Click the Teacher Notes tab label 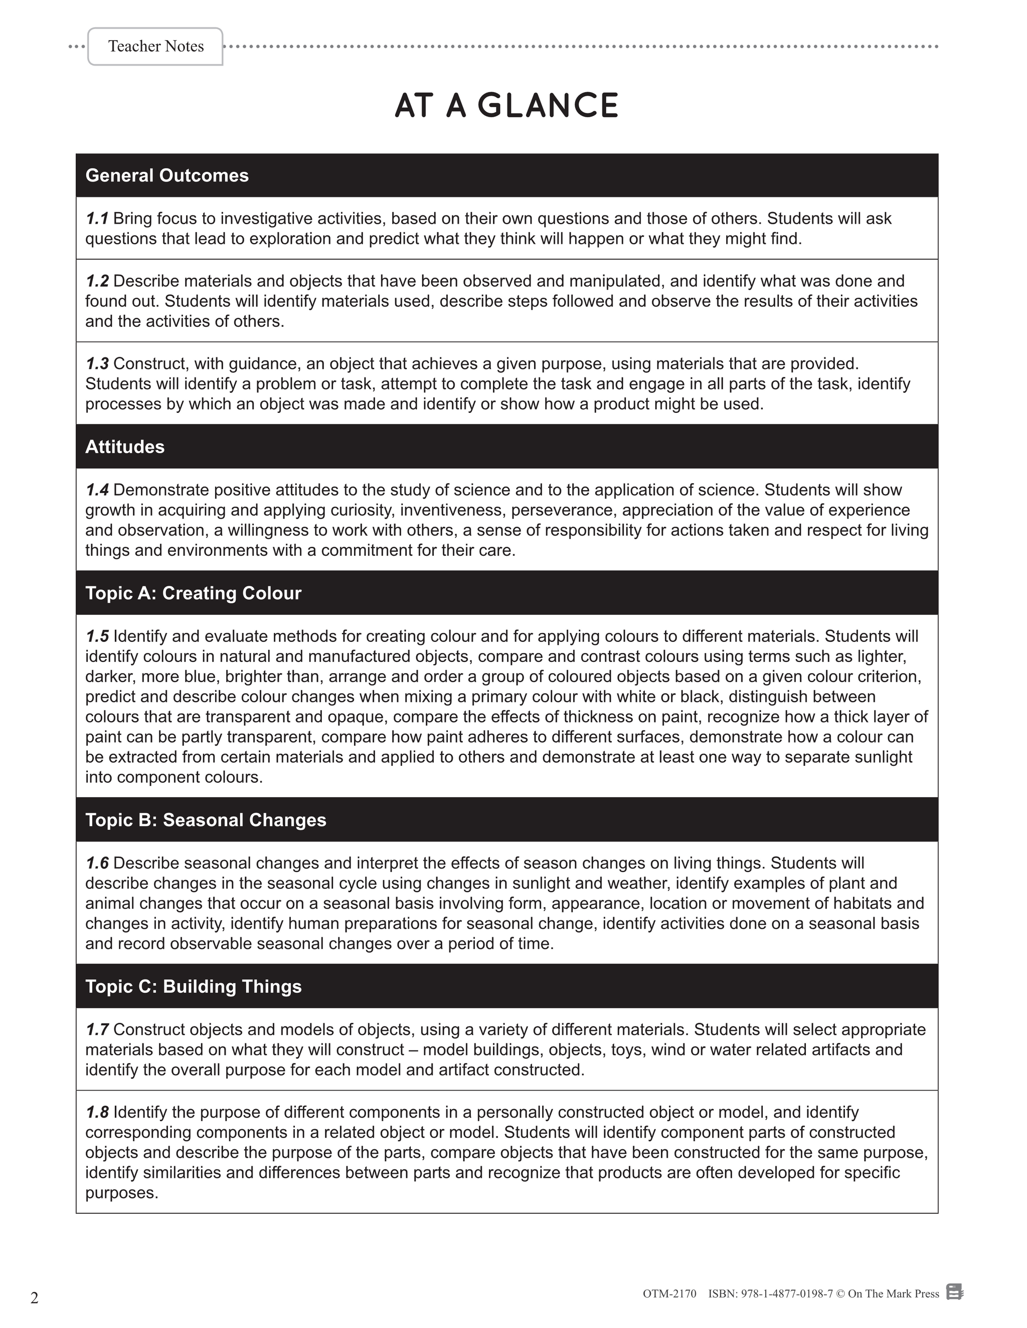click(x=156, y=46)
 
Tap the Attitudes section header click(x=125, y=447)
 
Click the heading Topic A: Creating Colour click(x=193, y=593)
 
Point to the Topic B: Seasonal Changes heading click(x=206, y=820)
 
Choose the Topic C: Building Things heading click(x=193, y=986)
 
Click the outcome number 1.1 click(x=97, y=218)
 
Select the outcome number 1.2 click(x=97, y=281)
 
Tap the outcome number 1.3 click(x=97, y=364)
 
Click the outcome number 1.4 click(x=97, y=490)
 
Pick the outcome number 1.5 click(x=97, y=636)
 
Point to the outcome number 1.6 click(x=97, y=863)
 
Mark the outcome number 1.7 click(x=97, y=1029)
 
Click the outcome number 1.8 click(x=97, y=1112)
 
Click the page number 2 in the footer click(x=35, y=1298)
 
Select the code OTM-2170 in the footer click(x=669, y=1293)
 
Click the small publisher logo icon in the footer click(x=955, y=1291)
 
